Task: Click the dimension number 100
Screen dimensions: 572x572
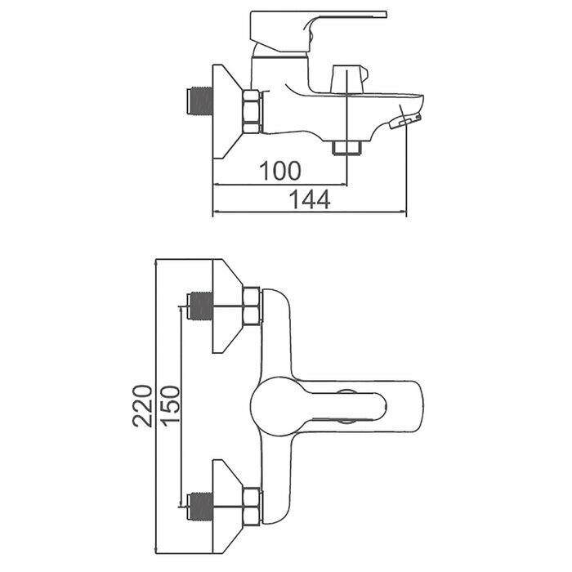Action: [x=280, y=171]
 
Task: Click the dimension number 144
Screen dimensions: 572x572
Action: [x=309, y=199]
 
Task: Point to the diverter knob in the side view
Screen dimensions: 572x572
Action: [x=343, y=80]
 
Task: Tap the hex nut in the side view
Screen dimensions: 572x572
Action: [x=252, y=111]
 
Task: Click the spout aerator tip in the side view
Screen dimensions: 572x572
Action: [x=404, y=122]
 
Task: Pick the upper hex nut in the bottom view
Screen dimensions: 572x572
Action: [x=252, y=306]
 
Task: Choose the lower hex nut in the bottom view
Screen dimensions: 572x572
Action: [x=252, y=506]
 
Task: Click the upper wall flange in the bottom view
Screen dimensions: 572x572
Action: [x=226, y=306]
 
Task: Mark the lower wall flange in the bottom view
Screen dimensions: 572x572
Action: [x=226, y=506]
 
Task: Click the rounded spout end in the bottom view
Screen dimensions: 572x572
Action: [x=413, y=405]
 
